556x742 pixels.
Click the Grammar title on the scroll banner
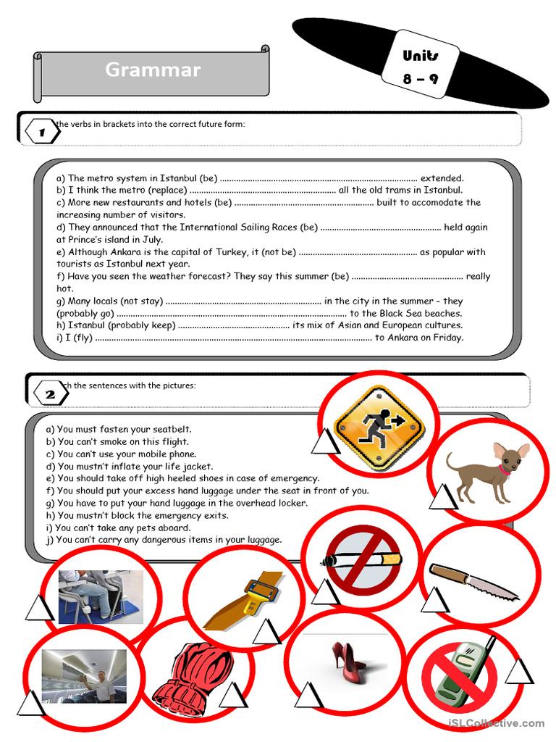tap(153, 70)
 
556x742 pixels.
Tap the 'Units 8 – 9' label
tap(421, 67)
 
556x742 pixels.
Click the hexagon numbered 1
tap(41, 133)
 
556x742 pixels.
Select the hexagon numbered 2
tap(50, 394)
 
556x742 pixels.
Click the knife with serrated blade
tap(473, 581)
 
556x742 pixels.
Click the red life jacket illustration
tap(192, 674)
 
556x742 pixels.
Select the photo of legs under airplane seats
tap(101, 596)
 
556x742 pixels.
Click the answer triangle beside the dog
tap(442, 496)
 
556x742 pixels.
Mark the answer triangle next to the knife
tap(435, 600)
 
